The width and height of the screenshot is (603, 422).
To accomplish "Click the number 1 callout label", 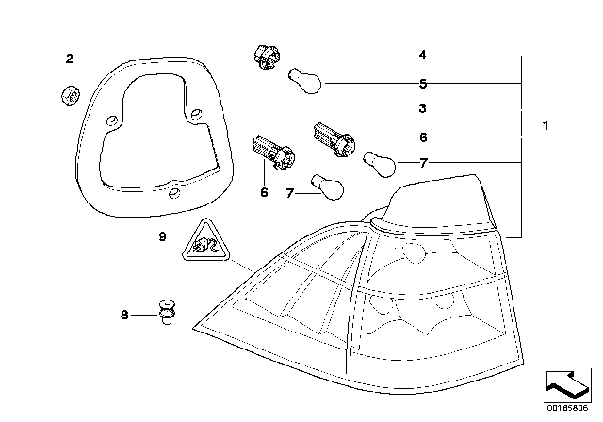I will pos(546,124).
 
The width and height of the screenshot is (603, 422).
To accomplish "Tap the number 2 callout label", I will pos(70,58).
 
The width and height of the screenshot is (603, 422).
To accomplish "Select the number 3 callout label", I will pos(423,109).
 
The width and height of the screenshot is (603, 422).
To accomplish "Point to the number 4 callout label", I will pos(423,56).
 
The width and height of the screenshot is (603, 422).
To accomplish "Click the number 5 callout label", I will pos(423,83).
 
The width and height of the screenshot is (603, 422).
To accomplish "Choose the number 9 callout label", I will pos(162,238).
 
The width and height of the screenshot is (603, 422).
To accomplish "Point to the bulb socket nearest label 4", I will pos(265,58).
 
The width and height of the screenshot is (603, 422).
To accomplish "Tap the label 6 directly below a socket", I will pos(264,192).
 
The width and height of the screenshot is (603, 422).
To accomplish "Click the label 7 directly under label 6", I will pos(423,163).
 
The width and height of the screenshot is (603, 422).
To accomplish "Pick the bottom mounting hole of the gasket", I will pos(173,196).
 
